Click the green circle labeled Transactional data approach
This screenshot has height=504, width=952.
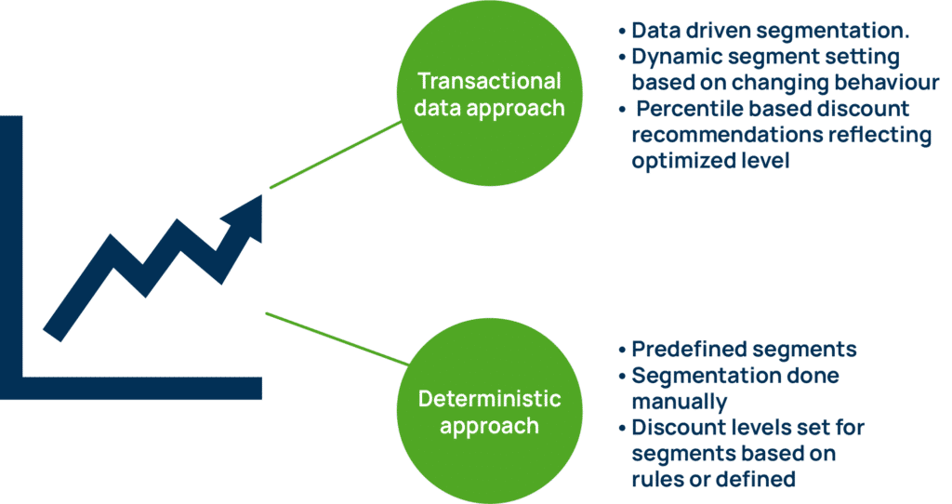(x=489, y=94)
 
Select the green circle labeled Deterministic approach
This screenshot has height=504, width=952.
(x=489, y=412)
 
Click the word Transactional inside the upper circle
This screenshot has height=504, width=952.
(x=489, y=81)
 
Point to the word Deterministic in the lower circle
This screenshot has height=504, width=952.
(x=489, y=400)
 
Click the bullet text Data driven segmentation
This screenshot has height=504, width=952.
(x=771, y=31)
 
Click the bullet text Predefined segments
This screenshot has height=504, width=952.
(x=744, y=350)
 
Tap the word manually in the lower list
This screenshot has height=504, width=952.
(x=678, y=403)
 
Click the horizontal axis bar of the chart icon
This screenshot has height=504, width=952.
(x=139, y=387)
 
